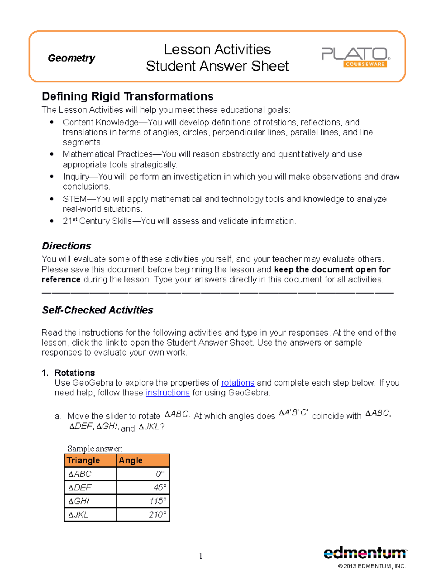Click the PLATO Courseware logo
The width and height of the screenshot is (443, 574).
356,57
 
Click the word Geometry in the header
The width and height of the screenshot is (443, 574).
71,58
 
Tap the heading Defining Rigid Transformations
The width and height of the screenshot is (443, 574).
127,96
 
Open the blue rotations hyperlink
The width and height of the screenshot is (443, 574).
237,383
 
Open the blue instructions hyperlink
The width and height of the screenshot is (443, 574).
168,393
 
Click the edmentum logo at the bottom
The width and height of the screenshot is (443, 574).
365,553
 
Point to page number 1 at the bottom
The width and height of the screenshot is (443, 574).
200,556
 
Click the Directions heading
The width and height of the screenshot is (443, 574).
66,246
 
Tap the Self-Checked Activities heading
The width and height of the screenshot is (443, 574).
97,310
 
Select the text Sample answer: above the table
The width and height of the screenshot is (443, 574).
95,449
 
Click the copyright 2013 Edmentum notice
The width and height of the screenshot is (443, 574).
372,566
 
